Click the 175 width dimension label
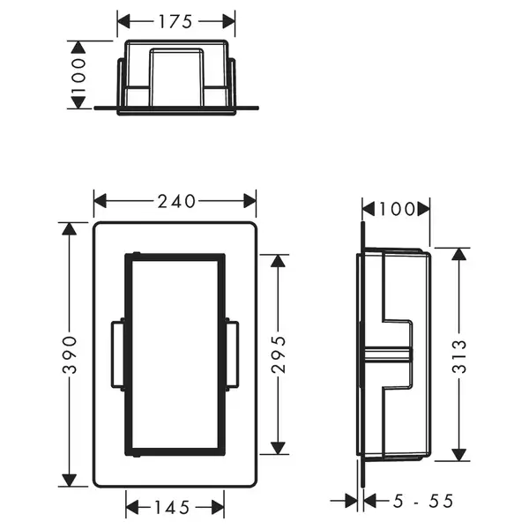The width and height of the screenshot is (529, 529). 175,21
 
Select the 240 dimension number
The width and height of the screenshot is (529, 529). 176,201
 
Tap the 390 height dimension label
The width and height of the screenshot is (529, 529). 70,354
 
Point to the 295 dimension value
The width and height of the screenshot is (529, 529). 279,354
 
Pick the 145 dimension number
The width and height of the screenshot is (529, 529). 172,507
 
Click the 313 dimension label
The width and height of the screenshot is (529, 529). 458,356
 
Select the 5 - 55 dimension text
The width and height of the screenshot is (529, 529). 423,501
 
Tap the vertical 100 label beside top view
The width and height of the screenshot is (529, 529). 78,75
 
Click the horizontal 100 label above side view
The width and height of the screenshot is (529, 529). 397,209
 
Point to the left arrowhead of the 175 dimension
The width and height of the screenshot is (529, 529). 123,21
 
